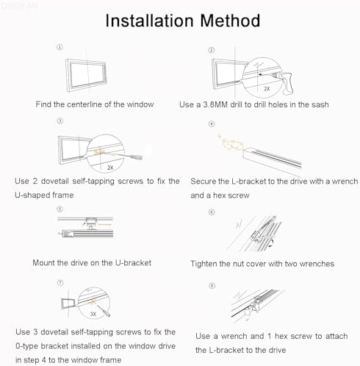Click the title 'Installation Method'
click(181, 20)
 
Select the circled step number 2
click(211, 50)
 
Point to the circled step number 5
click(60, 209)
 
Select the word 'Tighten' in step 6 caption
click(206, 263)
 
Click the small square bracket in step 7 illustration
click(69, 302)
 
